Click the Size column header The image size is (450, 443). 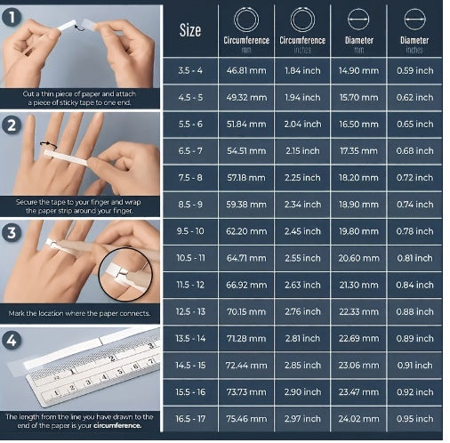pyautogui.click(x=190, y=30)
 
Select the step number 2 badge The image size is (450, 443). pyautogui.click(x=12, y=125)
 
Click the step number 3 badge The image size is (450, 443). pyautogui.click(x=12, y=234)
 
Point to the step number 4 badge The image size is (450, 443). pyautogui.click(x=12, y=341)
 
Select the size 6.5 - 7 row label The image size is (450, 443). pyautogui.click(x=190, y=151)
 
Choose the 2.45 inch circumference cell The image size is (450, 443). pyautogui.click(x=301, y=230)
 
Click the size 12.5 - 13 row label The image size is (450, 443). pyautogui.click(x=190, y=311)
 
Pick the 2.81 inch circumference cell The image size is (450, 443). pyautogui.click(x=301, y=338)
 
